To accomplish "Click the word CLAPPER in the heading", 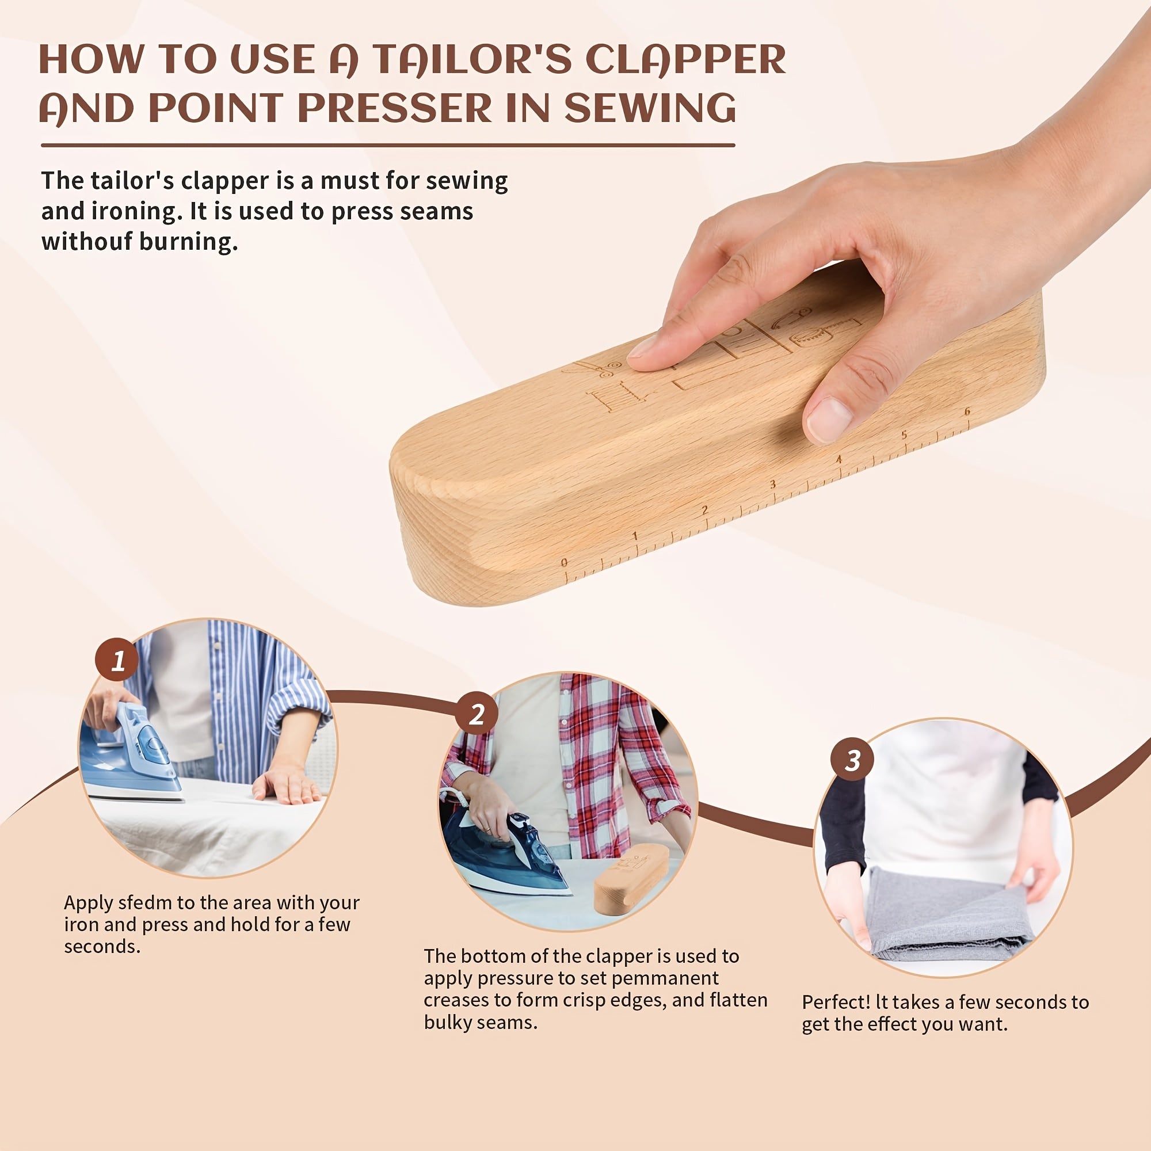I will click(x=685, y=60).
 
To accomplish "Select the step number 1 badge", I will click(x=117, y=660).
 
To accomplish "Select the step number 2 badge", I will click(x=477, y=714).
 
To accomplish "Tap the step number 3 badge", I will click(x=852, y=760).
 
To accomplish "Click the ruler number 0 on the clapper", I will click(x=564, y=562).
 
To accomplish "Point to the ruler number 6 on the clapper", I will click(x=967, y=411).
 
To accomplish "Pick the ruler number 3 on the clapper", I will click(x=773, y=484).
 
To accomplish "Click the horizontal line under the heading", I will click(x=387, y=145).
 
